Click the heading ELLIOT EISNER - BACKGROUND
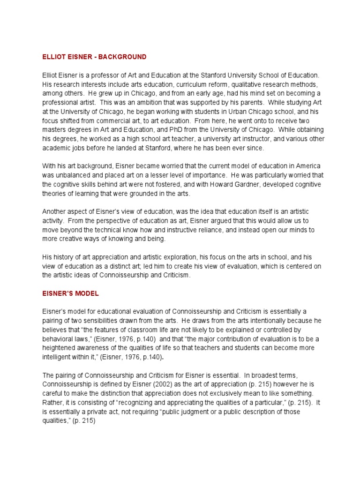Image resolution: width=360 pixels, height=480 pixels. coord(94,57)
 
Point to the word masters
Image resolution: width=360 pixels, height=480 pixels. coord(55,129)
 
